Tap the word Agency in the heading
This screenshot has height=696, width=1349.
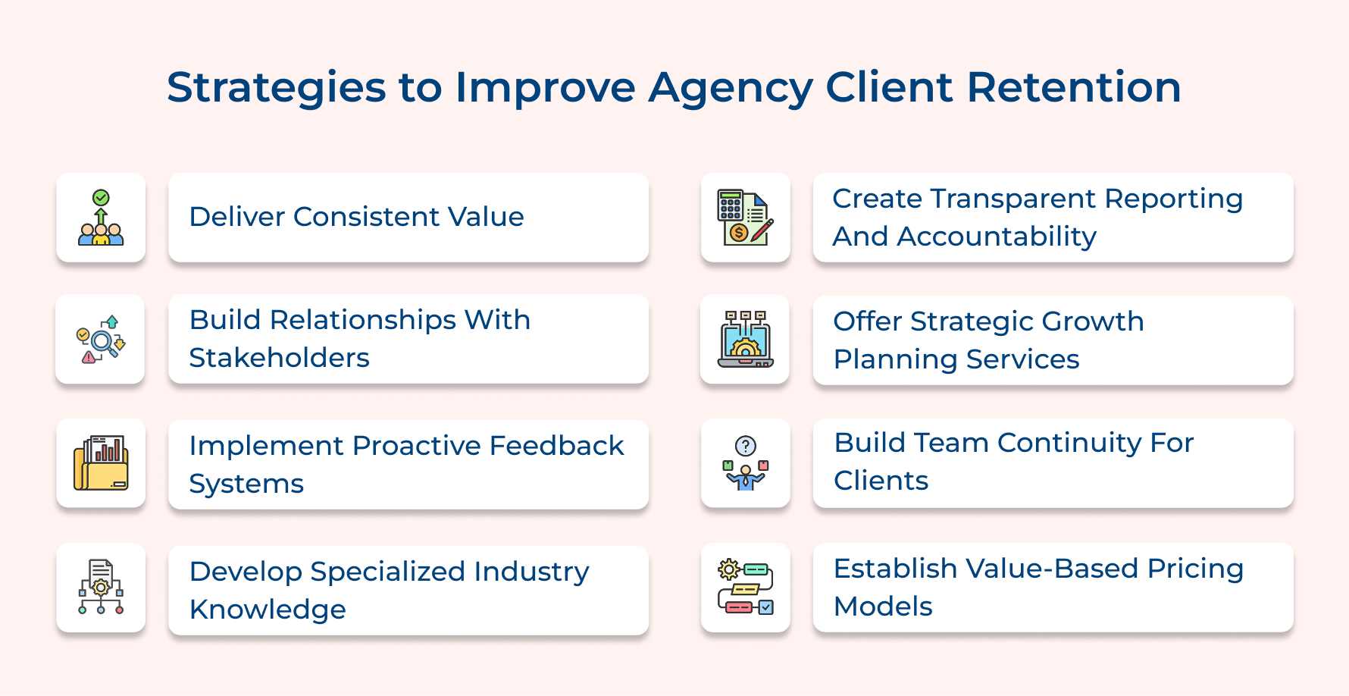click(731, 89)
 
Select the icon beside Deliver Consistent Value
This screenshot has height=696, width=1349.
click(101, 218)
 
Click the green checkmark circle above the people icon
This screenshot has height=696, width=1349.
click(101, 198)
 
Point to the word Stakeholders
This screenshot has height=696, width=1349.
click(279, 358)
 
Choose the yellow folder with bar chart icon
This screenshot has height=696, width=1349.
click(101, 462)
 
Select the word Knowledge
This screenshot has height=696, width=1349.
click(268, 610)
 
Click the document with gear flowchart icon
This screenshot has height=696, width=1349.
click(101, 587)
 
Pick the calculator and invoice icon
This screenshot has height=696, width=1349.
click(745, 218)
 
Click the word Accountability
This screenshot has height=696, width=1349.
click(997, 237)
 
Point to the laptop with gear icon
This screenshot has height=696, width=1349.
click(745, 340)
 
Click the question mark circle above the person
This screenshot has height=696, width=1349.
click(746, 446)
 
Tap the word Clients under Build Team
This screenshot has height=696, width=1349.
click(881, 481)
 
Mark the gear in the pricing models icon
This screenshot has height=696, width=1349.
click(728, 569)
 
